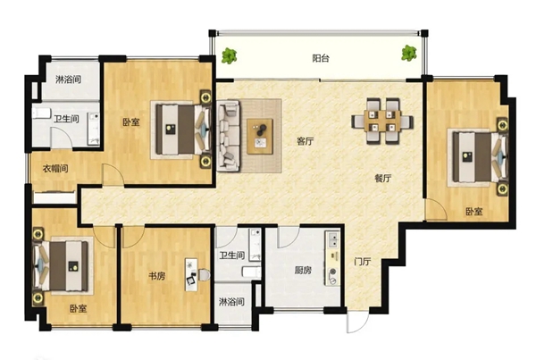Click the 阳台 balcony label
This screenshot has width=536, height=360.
321,58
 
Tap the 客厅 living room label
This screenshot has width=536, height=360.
305,141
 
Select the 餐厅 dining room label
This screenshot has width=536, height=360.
383,178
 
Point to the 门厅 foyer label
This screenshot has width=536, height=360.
363,262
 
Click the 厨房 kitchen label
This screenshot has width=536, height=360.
303,271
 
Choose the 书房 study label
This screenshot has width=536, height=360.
157,275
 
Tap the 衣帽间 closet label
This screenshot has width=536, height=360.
55,169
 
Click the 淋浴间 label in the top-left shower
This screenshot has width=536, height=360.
69,80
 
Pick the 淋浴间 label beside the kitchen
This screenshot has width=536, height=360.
231,302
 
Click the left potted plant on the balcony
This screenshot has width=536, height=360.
229,55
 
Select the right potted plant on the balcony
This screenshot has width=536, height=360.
409,53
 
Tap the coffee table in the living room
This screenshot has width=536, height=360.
260,137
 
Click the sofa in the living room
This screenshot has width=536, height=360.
228,136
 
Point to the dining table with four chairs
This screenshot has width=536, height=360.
382,121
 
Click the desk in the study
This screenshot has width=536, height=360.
191,275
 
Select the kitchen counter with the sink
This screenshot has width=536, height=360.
332,258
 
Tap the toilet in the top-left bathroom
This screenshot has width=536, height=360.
41,113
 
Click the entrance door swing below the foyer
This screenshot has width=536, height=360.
357,321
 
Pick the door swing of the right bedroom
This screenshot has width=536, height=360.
436,210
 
